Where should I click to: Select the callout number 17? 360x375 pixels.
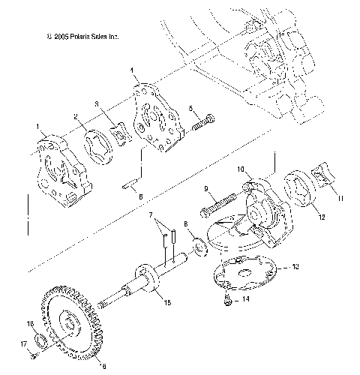(24, 344)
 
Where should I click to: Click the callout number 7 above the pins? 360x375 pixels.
(153, 216)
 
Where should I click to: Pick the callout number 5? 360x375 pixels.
(192, 108)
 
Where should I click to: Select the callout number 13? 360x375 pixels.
(295, 265)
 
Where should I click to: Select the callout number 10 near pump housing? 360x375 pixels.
(241, 169)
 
